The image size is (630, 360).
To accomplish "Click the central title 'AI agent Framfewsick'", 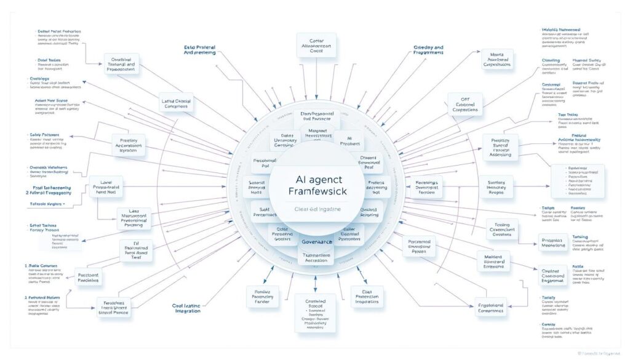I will point(317,184).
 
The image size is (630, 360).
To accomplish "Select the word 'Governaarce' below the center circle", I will point(317,242).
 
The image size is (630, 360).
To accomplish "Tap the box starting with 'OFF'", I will point(465,105).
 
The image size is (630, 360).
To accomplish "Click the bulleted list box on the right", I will point(577,181).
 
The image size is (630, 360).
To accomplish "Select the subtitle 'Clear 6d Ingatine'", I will point(317,209).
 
